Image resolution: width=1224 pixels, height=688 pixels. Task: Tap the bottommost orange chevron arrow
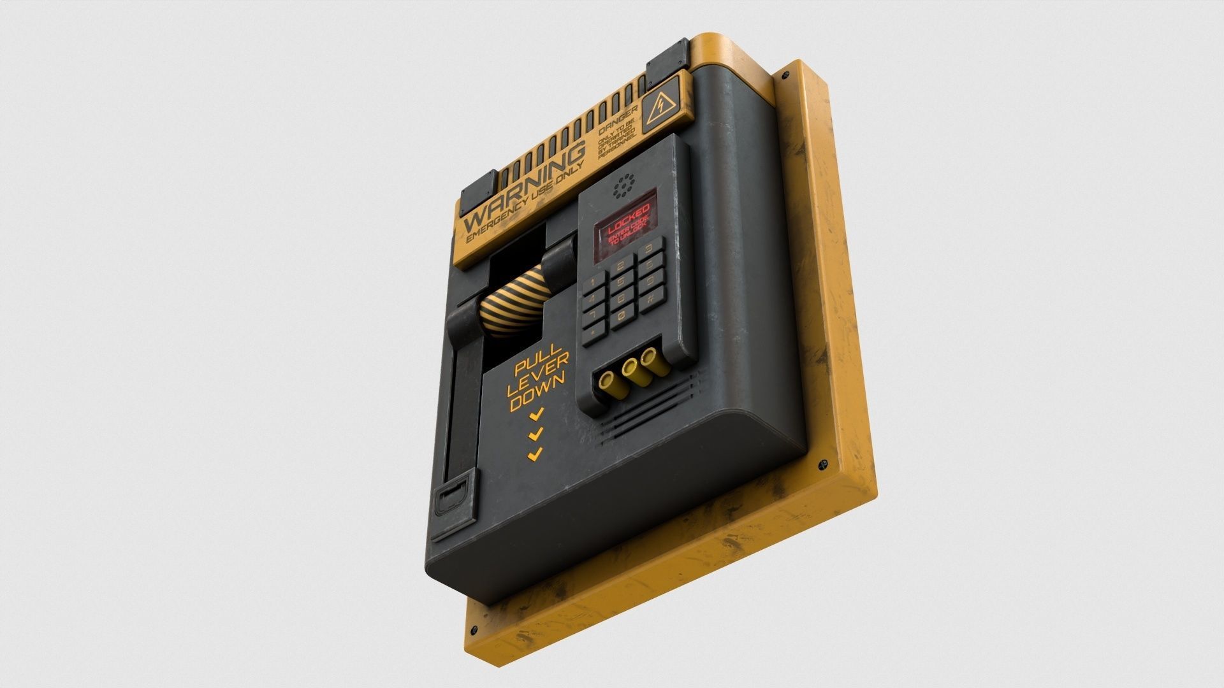[x=534, y=454]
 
